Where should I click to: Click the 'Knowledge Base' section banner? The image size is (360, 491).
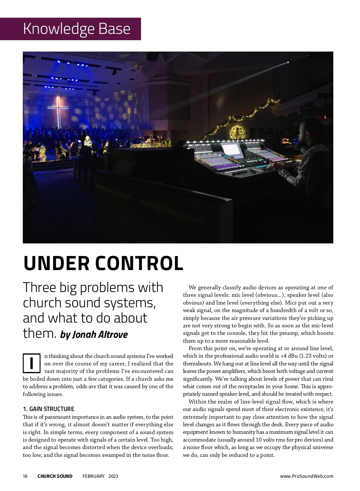(76, 29)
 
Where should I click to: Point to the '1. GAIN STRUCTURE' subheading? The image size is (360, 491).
(49, 409)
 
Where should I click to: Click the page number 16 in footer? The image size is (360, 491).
(25, 476)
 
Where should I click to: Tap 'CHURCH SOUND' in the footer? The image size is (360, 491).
(55, 476)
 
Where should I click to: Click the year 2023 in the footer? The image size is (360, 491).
(113, 476)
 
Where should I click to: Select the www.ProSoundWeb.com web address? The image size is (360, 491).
(307, 476)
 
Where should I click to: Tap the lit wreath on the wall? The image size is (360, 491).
(236, 132)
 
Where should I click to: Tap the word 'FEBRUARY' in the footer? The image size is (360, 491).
(94, 476)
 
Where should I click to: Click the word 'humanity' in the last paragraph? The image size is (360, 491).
(245, 432)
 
